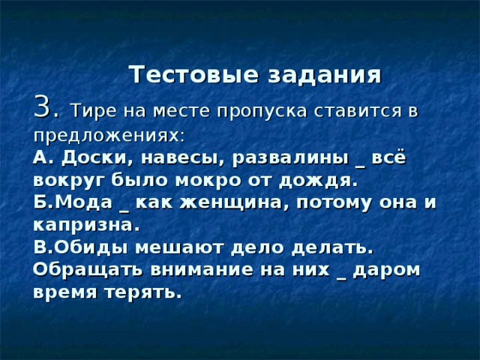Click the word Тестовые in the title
[x=195, y=74]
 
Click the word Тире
[x=93, y=110]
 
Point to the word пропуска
[x=262, y=112]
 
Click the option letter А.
[x=40, y=158]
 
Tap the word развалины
[x=290, y=158]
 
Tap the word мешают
[x=178, y=248]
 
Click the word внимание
[x=202, y=270]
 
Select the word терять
[x=140, y=292]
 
